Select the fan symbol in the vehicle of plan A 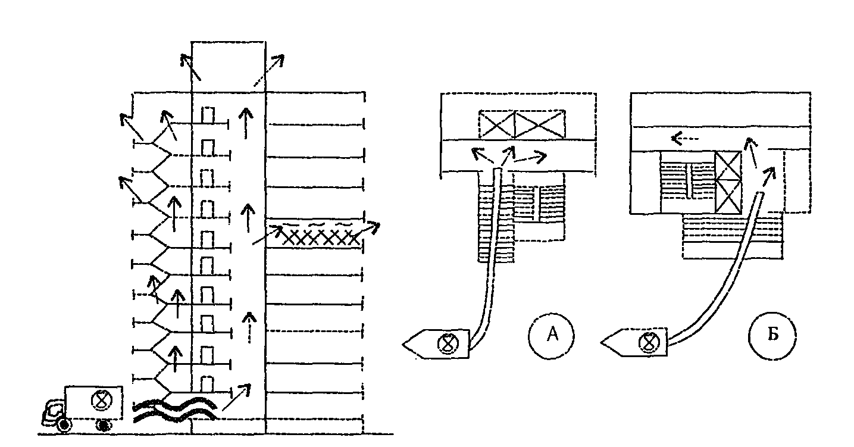point(446,343)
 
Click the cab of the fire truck point(53,411)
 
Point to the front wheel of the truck point(62,425)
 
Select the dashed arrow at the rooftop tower point(270,70)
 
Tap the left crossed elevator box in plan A point(497,125)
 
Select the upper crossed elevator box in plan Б point(727,167)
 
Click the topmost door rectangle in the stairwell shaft point(208,115)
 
